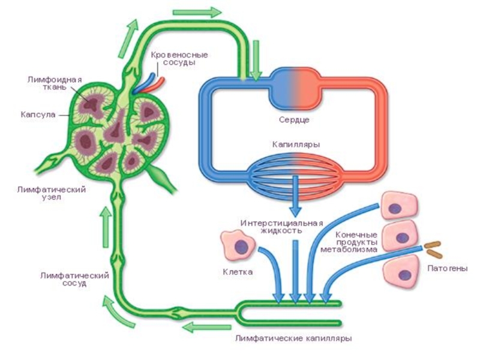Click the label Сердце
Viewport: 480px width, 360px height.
294,120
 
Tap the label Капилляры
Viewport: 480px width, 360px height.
294,145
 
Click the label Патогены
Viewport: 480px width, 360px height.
446,268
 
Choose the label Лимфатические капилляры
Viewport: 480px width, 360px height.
294,338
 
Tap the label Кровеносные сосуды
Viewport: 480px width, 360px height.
173,58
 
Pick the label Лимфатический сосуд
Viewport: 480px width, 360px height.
74,279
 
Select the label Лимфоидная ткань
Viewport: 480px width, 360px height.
55,83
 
